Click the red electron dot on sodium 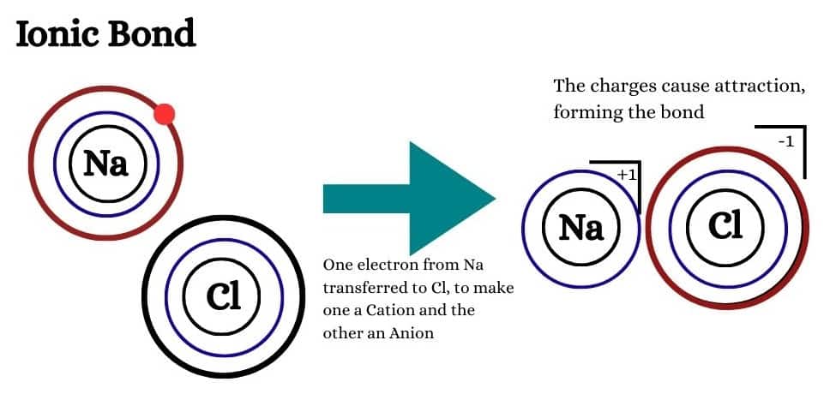coord(165,114)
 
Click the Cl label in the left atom coord(223,296)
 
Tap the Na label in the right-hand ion coord(581,227)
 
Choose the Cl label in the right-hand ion coord(725,225)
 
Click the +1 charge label coord(624,175)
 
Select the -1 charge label coord(785,140)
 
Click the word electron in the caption coord(383,266)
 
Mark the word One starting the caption coord(336,266)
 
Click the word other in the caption coord(340,332)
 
